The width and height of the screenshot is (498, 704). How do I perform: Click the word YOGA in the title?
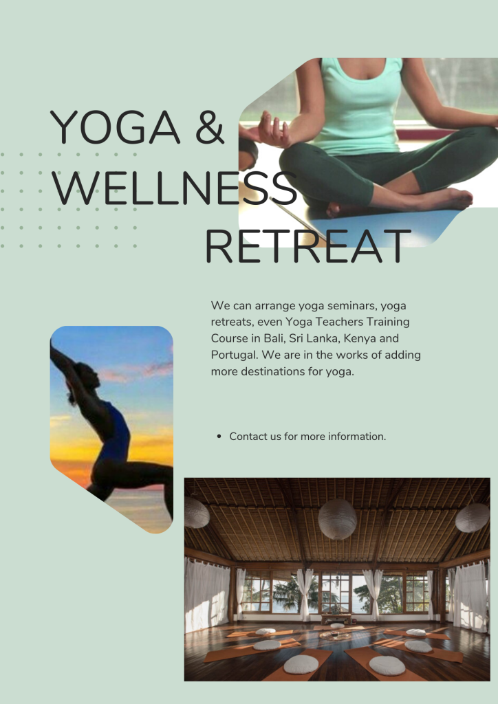(115, 127)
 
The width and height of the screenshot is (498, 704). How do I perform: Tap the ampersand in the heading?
(210, 127)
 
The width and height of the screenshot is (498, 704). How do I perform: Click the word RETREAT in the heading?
(308, 247)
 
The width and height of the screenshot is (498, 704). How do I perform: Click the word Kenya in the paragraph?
(360, 339)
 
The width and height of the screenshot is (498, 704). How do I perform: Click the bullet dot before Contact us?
(219, 437)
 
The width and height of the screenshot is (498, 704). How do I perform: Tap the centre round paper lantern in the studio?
(337, 519)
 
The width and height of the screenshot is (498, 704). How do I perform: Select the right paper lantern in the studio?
(472, 518)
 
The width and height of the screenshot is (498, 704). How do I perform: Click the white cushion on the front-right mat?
(387, 665)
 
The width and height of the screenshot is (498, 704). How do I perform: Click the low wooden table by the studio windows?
(336, 619)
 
